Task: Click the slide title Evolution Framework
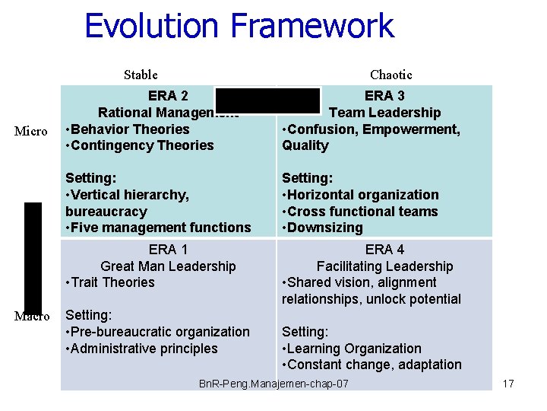point(239,26)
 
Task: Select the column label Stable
point(141,75)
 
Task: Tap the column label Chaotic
point(390,75)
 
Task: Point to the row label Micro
point(32,131)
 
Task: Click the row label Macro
point(32,316)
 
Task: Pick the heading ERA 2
point(168,96)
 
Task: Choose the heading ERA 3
point(384,96)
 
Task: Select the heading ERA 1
point(168,250)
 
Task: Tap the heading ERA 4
point(384,250)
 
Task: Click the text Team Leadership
point(384,113)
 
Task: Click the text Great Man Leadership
point(168,266)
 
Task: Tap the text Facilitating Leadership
point(384,266)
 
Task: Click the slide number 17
point(508,384)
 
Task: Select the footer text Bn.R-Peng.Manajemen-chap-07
point(273,384)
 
